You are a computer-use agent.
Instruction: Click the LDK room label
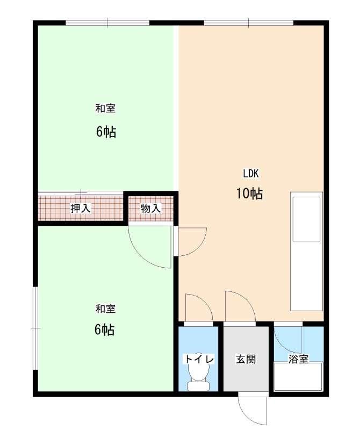[x=251, y=173]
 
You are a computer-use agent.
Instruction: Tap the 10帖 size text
[x=250, y=193]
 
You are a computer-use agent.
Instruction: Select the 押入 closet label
[x=81, y=209]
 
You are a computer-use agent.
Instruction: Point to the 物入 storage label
[x=150, y=209]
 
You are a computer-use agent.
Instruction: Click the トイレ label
[x=199, y=359]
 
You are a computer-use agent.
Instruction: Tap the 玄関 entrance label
[x=246, y=359]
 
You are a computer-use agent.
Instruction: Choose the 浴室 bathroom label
[x=299, y=359]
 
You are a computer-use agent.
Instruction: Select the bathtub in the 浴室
[x=298, y=376]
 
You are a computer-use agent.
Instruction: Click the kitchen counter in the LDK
[x=306, y=251]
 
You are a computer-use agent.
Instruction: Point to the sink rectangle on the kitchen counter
[x=306, y=219]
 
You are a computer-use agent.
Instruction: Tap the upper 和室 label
[x=105, y=108]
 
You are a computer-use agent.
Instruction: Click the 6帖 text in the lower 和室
[x=104, y=329]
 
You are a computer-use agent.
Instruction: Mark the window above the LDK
[x=249, y=23]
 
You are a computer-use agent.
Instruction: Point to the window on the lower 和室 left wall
[x=35, y=328]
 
